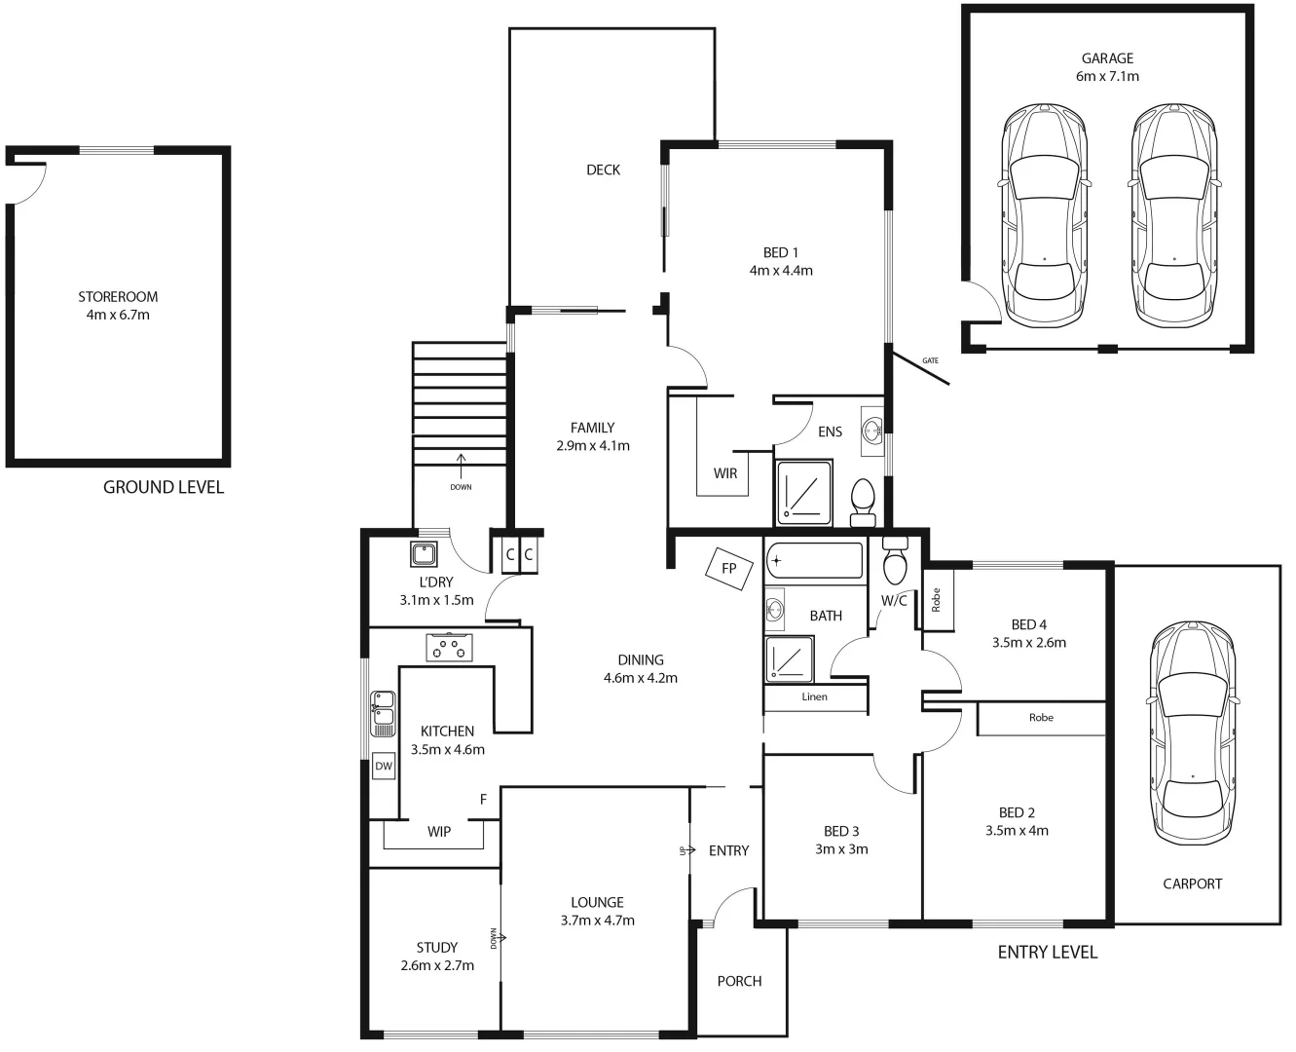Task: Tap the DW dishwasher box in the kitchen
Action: (x=384, y=767)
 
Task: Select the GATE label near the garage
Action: (x=931, y=360)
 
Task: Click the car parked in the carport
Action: (x=1193, y=735)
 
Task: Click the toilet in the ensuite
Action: (x=863, y=503)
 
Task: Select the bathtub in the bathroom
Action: (x=814, y=561)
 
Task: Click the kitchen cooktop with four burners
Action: (x=449, y=647)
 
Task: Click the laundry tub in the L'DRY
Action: (x=424, y=555)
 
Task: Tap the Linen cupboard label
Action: (x=815, y=696)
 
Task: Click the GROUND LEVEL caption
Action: (x=164, y=487)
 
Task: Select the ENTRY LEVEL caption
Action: (x=1048, y=952)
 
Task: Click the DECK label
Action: (x=603, y=170)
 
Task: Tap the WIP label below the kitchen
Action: (x=439, y=832)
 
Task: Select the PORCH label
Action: (x=739, y=981)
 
